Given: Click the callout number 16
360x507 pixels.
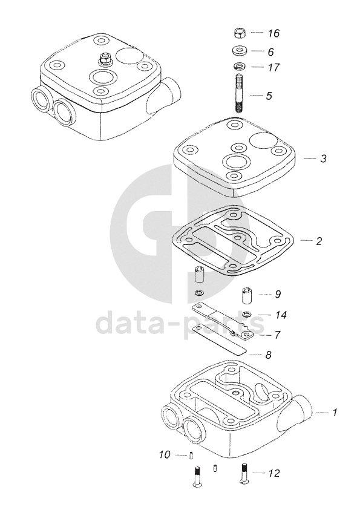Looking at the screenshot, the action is [273, 33].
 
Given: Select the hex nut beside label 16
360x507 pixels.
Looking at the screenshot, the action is [239, 32].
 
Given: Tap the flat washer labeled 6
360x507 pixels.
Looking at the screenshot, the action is [240, 51].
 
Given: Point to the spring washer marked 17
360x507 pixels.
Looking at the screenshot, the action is [240, 67].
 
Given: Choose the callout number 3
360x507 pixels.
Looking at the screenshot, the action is [323, 159].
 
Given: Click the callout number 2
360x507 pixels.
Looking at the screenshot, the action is [319, 241].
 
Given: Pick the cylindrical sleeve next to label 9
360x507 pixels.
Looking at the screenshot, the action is [247, 295].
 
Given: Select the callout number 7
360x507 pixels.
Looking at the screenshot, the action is [277, 335].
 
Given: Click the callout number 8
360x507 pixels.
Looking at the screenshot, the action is [268, 355].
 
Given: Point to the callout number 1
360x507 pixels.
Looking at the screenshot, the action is [335, 412].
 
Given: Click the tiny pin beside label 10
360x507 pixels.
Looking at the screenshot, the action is [191, 455].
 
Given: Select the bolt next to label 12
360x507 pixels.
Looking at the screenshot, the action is [244, 474].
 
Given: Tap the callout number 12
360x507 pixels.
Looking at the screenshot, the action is [274, 473].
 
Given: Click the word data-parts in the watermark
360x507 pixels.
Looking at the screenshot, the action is [180, 322].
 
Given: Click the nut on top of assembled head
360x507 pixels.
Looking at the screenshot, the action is [105, 60].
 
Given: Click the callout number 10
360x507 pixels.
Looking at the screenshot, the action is [165, 454].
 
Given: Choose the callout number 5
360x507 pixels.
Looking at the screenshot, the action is [269, 96].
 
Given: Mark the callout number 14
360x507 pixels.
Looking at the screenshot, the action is [281, 315].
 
